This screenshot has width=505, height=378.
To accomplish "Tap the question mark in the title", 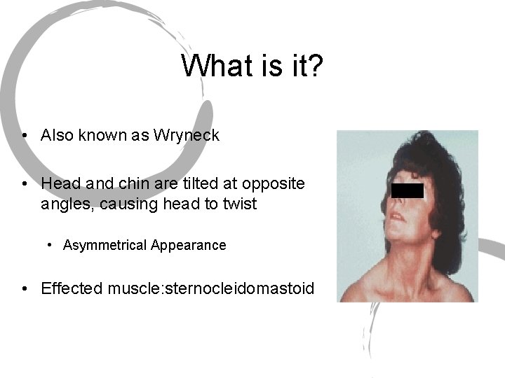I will (x=314, y=66).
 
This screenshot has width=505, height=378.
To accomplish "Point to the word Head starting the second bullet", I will (x=58, y=183).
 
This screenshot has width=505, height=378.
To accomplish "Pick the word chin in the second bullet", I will (x=120, y=183).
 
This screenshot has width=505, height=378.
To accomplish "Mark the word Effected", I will (x=72, y=288).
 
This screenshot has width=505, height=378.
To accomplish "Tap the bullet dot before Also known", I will (x=25, y=135).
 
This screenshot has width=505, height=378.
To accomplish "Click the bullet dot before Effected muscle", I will (x=25, y=288).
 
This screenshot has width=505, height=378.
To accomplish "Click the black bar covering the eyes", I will (x=407, y=190).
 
